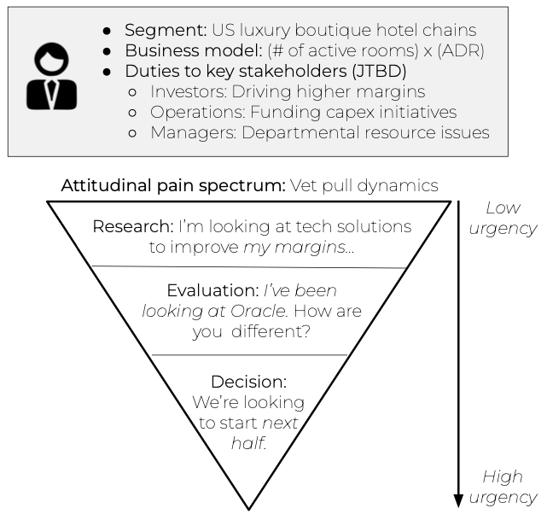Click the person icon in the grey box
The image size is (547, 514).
pyautogui.click(x=51, y=80)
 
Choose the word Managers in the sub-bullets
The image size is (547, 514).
pyautogui.click(x=192, y=132)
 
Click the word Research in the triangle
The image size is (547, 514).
pyautogui.click(x=132, y=227)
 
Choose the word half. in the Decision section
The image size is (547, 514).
pyautogui.click(x=248, y=442)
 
